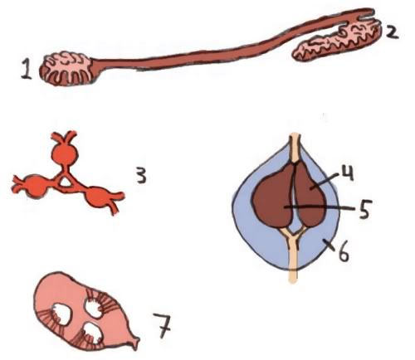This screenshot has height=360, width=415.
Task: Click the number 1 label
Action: click(27, 70)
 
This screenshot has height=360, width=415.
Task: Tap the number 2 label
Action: click(391, 33)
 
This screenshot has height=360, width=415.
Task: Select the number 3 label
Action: click(141, 176)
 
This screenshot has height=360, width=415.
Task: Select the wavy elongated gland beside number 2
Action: click(337, 42)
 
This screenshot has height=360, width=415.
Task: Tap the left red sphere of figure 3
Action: click(36, 186)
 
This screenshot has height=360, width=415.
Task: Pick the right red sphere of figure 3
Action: click(96, 198)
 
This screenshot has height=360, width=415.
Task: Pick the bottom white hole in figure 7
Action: click(93, 333)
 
